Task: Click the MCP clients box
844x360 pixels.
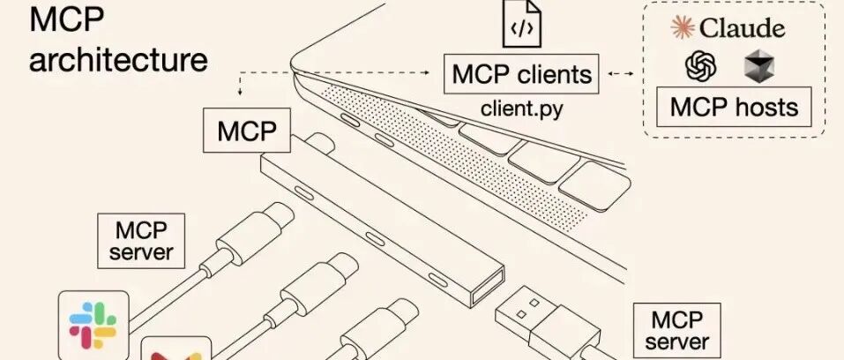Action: click(x=520, y=75)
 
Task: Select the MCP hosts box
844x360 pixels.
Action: click(x=734, y=108)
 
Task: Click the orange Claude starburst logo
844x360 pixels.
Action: click(x=683, y=27)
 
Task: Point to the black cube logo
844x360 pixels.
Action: click(x=758, y=66)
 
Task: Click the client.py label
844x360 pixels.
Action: click(x=521, y=110)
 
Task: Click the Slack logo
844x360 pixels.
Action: click(x=93, y=325)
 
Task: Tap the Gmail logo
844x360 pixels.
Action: click(x=176, y=350)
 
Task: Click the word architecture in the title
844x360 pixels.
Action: click(x=119, y=60)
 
